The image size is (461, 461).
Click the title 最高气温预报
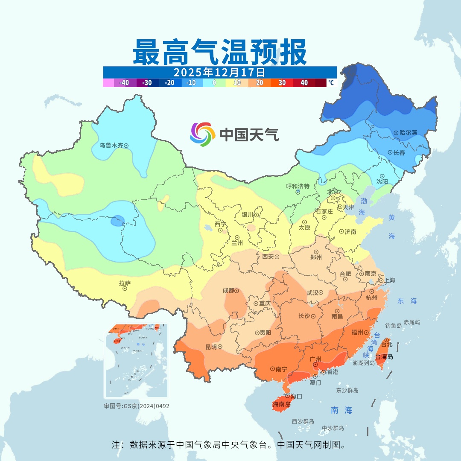219,52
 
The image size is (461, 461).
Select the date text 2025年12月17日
219,72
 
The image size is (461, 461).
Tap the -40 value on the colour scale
125,83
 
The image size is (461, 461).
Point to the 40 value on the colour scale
304,83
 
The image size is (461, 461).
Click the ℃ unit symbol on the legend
331,83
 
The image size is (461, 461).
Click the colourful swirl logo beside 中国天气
202,134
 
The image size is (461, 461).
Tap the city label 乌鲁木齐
111,146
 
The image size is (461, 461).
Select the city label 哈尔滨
408,133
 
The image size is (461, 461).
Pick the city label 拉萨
125,283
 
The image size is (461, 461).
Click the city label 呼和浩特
298,186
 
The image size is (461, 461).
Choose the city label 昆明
211,347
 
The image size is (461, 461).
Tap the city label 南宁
281,369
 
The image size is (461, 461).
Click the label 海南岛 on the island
282,405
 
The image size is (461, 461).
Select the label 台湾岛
384,357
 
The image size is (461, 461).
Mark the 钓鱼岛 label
393,326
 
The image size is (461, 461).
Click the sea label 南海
341,410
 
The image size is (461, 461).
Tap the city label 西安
268,257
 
